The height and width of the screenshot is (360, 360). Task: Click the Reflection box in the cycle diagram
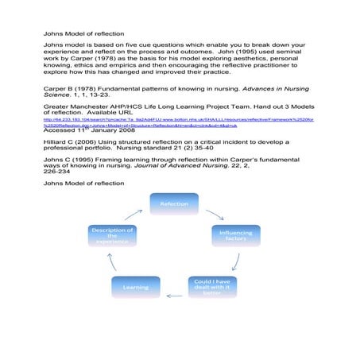[x=174, y=203]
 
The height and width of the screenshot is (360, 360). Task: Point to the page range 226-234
[x=57, y=172]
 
